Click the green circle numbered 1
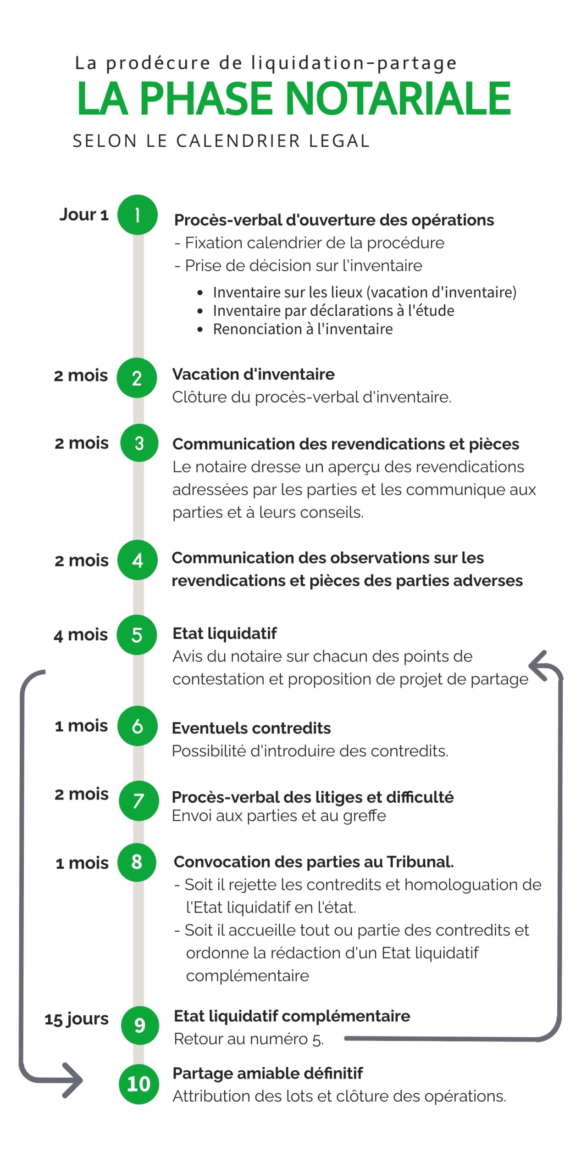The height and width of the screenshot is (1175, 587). coord(137,215)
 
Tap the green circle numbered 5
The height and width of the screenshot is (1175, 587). coord(137,635)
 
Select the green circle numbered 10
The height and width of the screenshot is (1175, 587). coord(138,1084)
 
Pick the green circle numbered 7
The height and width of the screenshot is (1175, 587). coord(138,800)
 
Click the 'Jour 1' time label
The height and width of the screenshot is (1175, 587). coord(84,214)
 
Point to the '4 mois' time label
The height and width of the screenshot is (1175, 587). coord(81,635)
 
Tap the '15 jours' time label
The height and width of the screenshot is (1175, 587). coord(77,1018)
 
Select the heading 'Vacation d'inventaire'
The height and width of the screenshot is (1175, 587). coord(253,374)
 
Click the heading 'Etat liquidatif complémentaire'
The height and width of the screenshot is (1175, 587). coord(292,1016)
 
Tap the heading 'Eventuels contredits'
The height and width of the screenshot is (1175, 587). coord(251,728)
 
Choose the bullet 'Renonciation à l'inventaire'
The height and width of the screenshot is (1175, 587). coord(303,329)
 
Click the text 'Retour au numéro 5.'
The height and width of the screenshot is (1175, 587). coord(249,1039)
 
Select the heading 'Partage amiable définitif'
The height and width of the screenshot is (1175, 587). coord(267,1073)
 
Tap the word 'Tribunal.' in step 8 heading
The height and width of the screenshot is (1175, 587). coord(421,862)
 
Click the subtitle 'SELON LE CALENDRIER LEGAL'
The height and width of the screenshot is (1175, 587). coord(221,141)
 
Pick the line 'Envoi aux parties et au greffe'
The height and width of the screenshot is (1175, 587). coord(279,816)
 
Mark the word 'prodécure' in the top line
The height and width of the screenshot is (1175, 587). coord(158,63)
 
